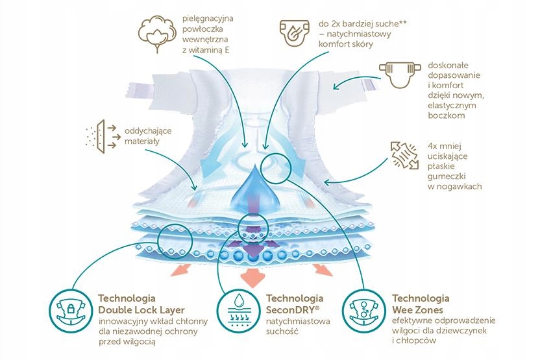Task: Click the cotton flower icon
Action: [x=156, y=33]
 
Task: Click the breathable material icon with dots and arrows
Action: [x=102, y=137]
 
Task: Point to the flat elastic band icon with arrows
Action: [x=405, y=155]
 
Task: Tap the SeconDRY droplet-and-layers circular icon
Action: [x=238, y=311]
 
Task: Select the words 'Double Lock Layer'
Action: [x=141, y=310]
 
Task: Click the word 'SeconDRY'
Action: [x=291, y=310]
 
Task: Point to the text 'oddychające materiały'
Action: [x=148, y=136]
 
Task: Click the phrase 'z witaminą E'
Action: [x=206, y=50]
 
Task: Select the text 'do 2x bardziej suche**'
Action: [x=363, y=24]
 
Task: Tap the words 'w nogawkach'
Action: [x=454, y=187]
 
